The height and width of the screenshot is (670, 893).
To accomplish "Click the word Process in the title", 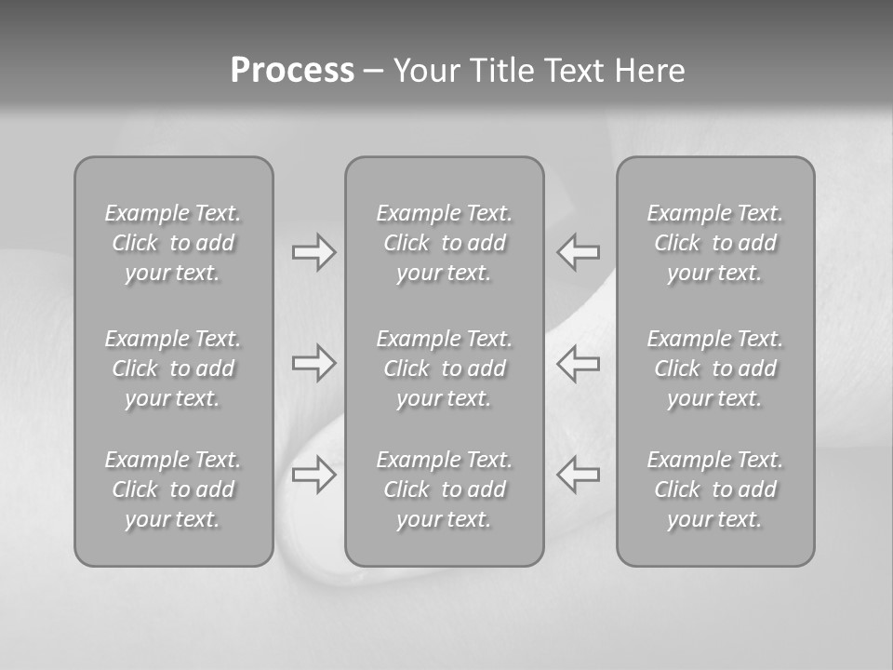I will (292, 71).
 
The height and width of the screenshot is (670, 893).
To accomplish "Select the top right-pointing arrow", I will (313, 252).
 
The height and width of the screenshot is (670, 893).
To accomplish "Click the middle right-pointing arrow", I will (313, 363).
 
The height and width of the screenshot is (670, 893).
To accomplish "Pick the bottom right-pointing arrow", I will (313, 475).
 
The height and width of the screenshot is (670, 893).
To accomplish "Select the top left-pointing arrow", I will (579, 252).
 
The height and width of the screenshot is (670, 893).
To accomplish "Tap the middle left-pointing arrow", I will (579, 363).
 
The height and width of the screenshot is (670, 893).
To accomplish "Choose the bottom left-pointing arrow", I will (579, 475).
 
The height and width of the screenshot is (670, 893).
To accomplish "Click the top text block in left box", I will (173, 243).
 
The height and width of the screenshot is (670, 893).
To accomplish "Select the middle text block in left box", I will (173, 368).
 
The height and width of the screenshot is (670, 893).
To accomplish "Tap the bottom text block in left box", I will (173, 489).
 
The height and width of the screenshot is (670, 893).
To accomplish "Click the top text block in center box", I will (444, 243).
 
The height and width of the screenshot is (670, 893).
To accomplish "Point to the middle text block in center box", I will (444, 368).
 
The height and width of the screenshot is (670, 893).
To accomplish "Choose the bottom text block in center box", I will (444, 489).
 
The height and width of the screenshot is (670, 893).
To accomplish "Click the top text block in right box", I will (714, 243).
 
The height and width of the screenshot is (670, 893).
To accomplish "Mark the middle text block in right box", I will (714, 368).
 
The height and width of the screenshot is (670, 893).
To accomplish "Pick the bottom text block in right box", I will (714, 489).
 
